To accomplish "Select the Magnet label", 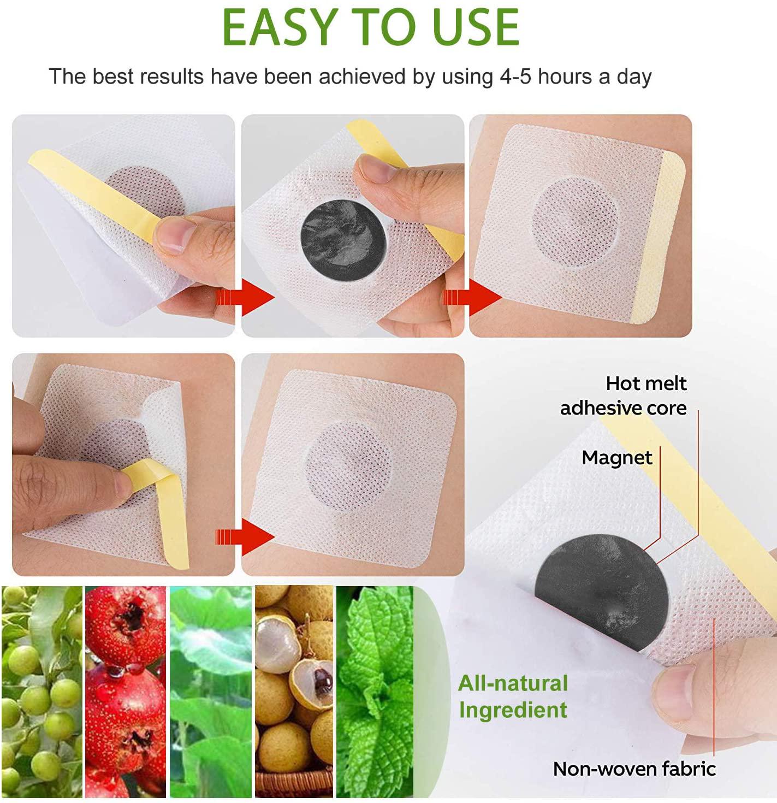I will (x=617, y=458).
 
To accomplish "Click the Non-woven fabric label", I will (x=634, y=769).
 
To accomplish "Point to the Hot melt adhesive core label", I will (x=624, y=395).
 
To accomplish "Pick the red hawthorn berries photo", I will (x=126, y=691).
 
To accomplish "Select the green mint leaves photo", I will (x=376, y=691).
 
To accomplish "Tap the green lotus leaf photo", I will (x=211, y=691).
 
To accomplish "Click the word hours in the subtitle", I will (x=566, y=76).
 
